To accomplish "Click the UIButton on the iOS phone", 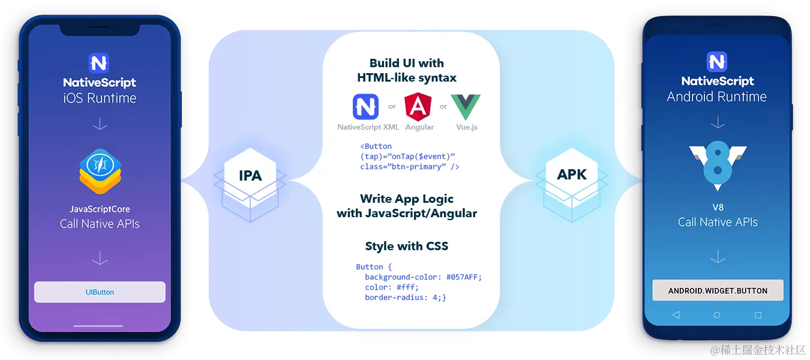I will pyautogui.click(x=100, y=292).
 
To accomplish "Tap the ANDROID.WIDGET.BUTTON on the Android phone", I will pyautogui.click(x=718, y=290).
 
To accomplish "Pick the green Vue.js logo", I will pyautogui.click(x=466, y=107).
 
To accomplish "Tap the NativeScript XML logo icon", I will pyautogui.click(x=366, y=107).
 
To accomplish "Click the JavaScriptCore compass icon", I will pyautogui.click(x=100, y=164).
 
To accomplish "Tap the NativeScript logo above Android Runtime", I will pyautogui.click(x=717, y=62).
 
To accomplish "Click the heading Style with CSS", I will pyautogui.click(x=406, y=246).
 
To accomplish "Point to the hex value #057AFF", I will pyautogui.click(x=464, y=277).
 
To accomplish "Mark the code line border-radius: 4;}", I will pyautogui.click(x=405, y=297).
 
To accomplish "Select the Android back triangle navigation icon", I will pyautogui.click(x=676, y=315).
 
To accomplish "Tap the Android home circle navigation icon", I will pyautogui.click(x=717, y=315).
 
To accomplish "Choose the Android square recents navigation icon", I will pyautogui.click(x=758, y=315).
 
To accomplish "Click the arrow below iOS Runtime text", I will pyautogui.click(x=100, y=124).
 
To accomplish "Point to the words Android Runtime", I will pyautogui.click(x=717, y=97).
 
